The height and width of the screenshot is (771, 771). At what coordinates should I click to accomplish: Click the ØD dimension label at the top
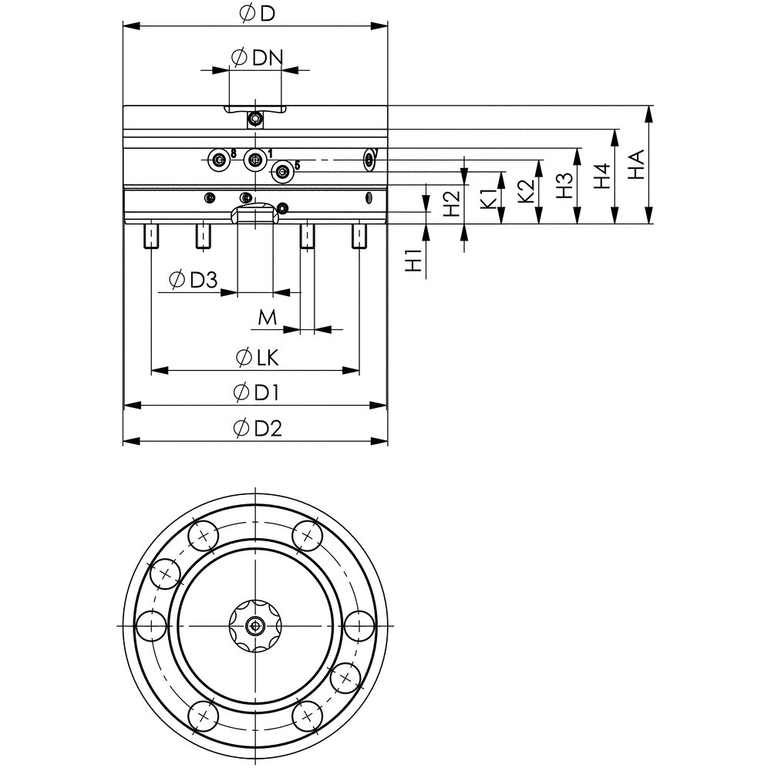pyautogui.click(x=255, y=14)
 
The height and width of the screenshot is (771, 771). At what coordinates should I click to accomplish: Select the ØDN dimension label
pyautogui.click(x=257, y=57)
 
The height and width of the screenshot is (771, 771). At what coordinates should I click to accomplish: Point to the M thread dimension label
pyautogui.click(x=267, y=316)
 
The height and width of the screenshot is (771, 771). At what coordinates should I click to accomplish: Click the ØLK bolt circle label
pyautogui.click(x=258, y=358)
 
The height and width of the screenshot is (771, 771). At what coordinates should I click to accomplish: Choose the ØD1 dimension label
pyautogui.click(x=256, y=392)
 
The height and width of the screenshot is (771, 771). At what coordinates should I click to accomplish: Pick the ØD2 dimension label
pyautogui.click(x=257, y=429)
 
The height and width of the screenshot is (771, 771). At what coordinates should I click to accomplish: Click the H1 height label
pyautogui.click(x=414, y=261)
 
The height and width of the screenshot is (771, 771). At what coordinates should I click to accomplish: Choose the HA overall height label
pyautogui.click(x=637, y=164)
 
